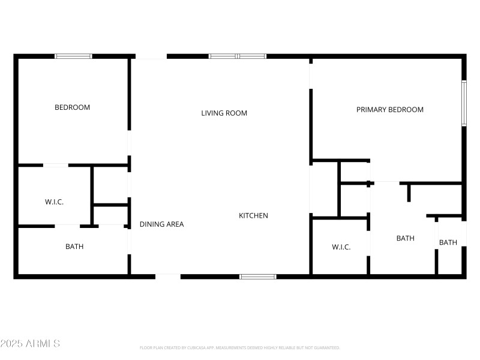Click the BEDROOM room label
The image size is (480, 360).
click(x=72, y=107)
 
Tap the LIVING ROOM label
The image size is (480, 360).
click(x=224, y=113)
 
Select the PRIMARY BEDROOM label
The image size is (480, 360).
click(x=390, y=110)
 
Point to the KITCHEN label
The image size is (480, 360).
click(x=253, y=215)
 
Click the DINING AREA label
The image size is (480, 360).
click(x=161, y=224)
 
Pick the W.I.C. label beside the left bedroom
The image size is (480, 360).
click(x=54, y=202)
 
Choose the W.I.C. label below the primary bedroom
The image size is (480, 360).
click(x=341, y=247)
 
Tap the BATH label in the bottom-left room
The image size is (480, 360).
click(x=74, y=247)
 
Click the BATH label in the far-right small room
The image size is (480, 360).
click(x=448, y=242)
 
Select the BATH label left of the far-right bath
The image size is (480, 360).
click(x=405, y=238)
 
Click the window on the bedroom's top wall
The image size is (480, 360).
click(x=73, y=56)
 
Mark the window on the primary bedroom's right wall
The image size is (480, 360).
click(x=464, y=103)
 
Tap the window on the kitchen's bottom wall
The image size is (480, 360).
click(x=258, y=277)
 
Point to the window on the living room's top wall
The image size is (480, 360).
click(x=238, y=56)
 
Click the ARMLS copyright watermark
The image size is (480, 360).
click(x=30, y=344)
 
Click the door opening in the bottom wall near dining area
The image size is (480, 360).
click(x=168, y=277)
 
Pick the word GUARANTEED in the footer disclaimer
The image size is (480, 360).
click(x=328, y=347)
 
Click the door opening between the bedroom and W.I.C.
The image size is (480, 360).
click(x=55, y=165)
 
